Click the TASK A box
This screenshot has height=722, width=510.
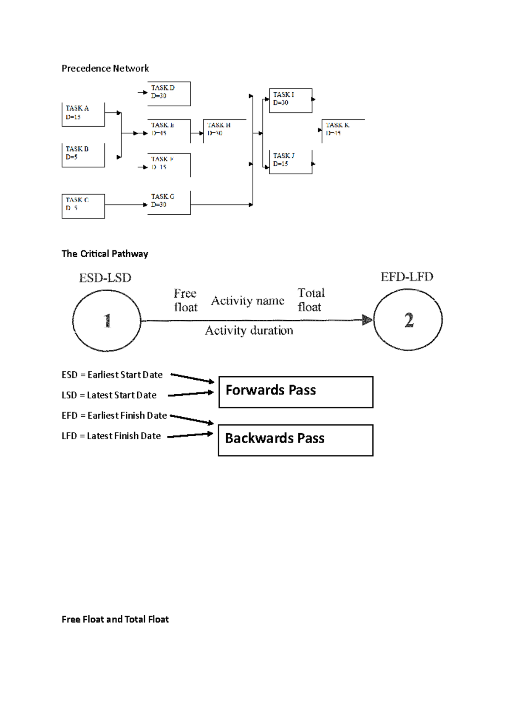(x=83, y=114)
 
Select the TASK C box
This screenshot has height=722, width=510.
(x=83, y=206)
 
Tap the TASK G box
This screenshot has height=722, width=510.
(x=169, y=202)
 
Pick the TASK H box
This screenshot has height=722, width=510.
(x=224, y=131)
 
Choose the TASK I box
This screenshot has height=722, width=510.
(x=291, y=100)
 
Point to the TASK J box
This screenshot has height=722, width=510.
(x=291, y=162)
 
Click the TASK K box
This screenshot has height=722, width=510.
(x=343, y=131)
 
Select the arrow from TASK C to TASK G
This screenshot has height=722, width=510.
(x=126, y=205)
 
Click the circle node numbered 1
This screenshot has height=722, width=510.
(x=107, y=321)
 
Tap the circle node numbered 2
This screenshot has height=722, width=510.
(x=408, y=320)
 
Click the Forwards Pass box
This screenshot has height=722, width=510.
(x=296, y=392)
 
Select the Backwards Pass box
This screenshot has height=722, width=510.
(x=296, y=440)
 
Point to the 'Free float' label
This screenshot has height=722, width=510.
(x=185, y=300)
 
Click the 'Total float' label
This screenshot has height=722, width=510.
(x=311, y=300)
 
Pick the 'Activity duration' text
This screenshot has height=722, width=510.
(x=249, y=330)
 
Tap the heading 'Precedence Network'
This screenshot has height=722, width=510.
(x=105, y=68)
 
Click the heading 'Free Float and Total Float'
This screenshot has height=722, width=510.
(x=115, y=619)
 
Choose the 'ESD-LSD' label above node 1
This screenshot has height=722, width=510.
(x=105, y=278)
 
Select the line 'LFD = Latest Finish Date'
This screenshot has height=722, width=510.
(x=111, y=436)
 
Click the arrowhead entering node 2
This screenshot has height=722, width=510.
(x=367, y=320)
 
